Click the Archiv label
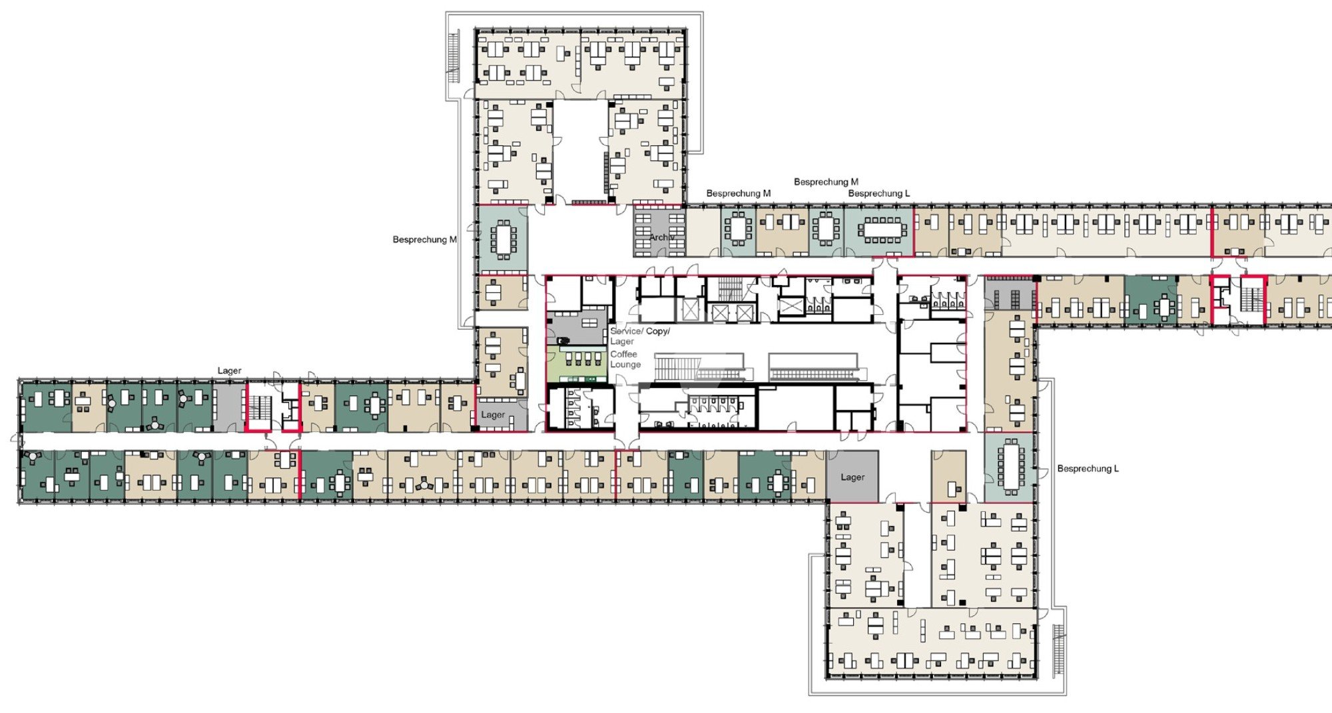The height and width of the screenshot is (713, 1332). pos(662,238)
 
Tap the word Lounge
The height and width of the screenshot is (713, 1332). pos(625,365)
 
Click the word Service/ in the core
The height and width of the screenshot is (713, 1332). pos(627,331)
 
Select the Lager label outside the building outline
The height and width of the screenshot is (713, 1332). pos(229,371)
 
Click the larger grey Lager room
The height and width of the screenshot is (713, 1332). pos(852,477)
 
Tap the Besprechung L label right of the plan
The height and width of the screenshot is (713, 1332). pos(1088,469)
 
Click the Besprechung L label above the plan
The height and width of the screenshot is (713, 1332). pos(878,194)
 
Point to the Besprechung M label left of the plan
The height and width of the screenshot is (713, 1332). pos(424,240)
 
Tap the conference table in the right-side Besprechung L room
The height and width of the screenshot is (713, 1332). pos(1010,465)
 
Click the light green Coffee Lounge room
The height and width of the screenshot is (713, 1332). pos(577,363)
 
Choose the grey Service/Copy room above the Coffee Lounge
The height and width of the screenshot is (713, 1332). pos(577,327)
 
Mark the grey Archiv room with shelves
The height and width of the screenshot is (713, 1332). pos(659,232)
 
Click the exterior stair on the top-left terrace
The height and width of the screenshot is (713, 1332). pos(454,57)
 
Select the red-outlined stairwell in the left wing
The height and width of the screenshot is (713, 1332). pos(273,407)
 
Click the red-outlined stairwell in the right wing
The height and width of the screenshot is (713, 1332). pos(1238,300)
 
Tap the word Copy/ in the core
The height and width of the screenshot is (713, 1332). pos(658,331)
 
